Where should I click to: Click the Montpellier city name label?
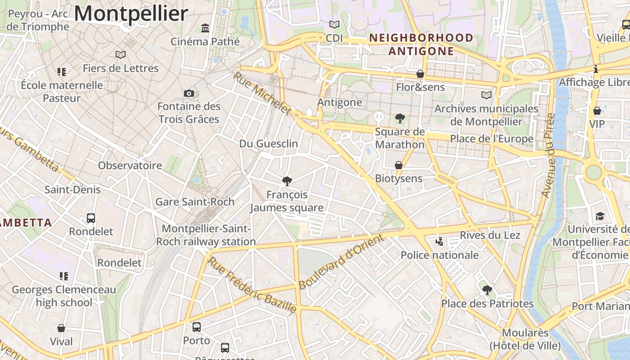[x=131, y=13]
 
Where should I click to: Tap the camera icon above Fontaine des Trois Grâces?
[x=189, y=93]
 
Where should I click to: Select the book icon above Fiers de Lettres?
[x=120, y=55]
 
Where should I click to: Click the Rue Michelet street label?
[x=262, y=94]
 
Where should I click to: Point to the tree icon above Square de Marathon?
[x=400, y=118]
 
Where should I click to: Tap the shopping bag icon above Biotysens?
[x=398, y=165]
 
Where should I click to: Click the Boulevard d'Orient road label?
[x=342, y=261]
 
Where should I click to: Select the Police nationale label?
[x=440, y=255]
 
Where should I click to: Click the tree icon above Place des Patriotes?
[x=487, y=290]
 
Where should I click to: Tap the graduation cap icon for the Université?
[x=600, y=216]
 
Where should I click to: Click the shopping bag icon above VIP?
[x=597, y=110]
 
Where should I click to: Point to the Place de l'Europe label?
[x=492, y=139]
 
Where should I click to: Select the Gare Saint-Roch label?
[x=195, y=202]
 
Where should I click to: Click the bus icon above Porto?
[x=197, y=327]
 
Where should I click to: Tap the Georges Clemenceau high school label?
[x=64, y=296]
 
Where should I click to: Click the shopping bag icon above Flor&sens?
[x=420, y=74]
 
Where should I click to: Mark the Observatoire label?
[x=130, y=165]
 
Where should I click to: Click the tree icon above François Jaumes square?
[x=287, y=181]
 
